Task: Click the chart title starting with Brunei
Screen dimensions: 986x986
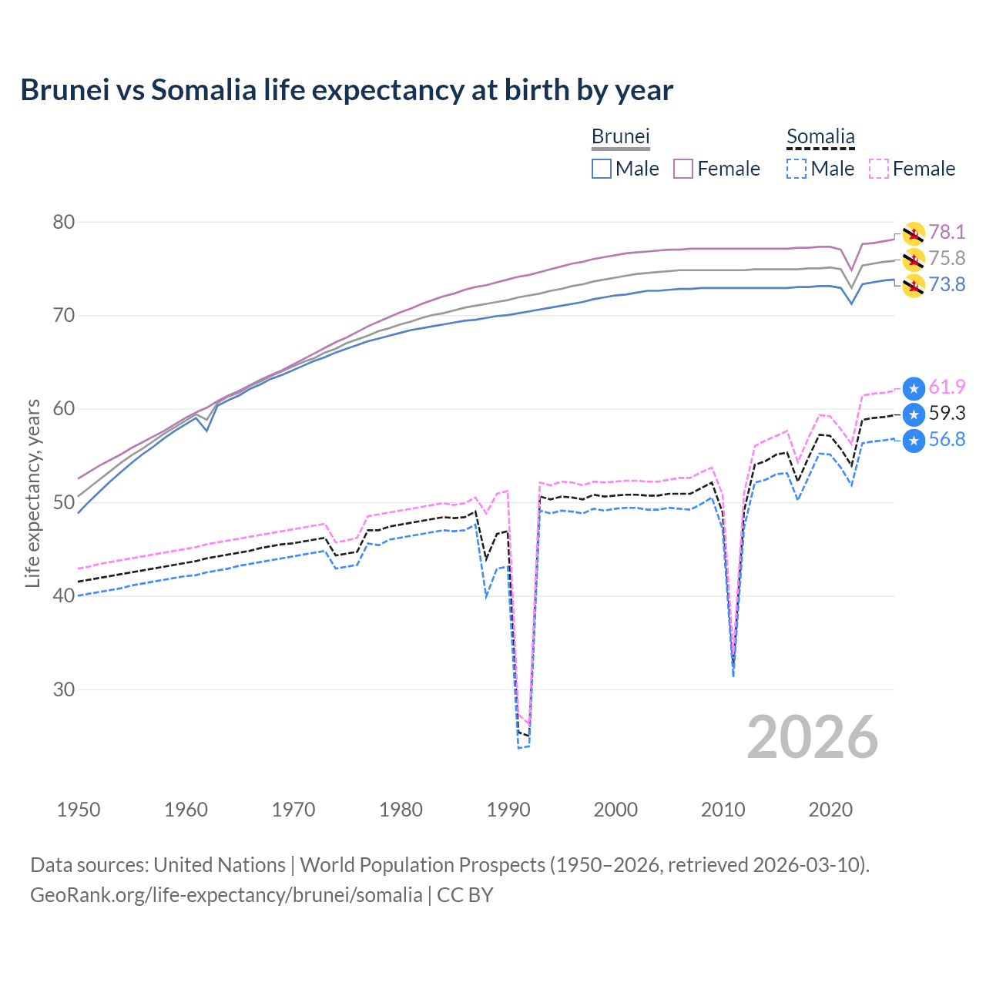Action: tap(347, 90)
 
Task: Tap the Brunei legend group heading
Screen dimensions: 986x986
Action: tap(620, 136)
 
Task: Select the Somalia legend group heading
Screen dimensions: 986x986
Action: tap(820, 136)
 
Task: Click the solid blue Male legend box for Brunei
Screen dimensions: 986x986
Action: tap(602, 169)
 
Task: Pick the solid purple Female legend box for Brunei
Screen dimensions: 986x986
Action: tap(683, 169)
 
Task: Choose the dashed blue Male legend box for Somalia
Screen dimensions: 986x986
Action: tap(797, 169)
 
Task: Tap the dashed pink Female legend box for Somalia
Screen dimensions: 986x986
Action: tap(879, 169)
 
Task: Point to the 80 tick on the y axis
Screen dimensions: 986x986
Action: tap(64, 222)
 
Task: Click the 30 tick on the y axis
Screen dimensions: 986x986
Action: tap(64, 689)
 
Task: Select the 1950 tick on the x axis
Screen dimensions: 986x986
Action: tap(79, 810)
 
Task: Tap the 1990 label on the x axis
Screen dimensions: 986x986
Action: tap(508, 810)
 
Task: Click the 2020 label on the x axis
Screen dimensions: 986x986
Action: tap(830, 810)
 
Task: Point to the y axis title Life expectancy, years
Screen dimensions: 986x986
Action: tap(32, 493)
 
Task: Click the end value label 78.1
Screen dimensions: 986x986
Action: tap(947, 232)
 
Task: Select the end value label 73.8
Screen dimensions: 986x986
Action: tap(947, 284)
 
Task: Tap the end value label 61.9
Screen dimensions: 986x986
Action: tap(947, 387)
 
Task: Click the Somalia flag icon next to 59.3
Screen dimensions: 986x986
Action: tap(914, 414)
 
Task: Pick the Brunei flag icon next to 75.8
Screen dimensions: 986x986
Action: tap(914, 259)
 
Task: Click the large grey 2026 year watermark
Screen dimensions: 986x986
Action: tap(813, 737)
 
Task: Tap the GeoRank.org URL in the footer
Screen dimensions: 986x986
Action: tap(226, 895)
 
